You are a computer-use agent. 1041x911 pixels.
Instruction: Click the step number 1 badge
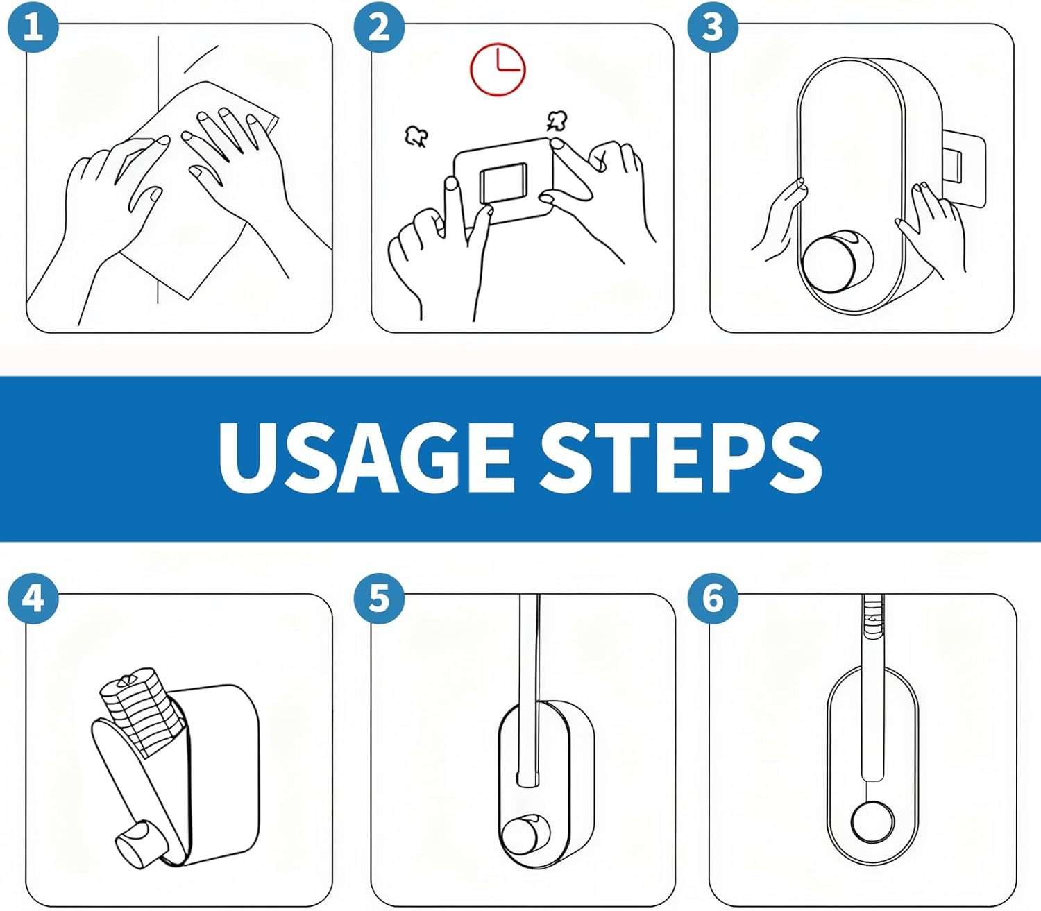point(33,27)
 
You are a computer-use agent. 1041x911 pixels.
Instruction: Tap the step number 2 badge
point(378,27)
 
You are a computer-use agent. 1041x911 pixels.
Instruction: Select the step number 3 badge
point(713,27)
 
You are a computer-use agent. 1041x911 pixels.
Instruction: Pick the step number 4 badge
point(33,597)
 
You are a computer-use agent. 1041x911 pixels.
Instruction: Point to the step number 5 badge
point(378,597)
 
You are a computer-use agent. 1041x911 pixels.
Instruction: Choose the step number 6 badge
point(713,597)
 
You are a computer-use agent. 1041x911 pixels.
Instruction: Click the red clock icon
point(498,69)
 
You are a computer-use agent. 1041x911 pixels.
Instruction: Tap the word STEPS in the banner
point(680,459)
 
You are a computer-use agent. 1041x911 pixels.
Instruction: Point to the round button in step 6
point(872,822)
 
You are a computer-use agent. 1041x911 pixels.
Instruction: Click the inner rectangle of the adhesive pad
point(503,183)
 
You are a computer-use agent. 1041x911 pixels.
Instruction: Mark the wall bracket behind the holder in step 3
point(961,167)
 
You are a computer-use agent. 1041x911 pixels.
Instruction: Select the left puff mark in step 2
point(415,136)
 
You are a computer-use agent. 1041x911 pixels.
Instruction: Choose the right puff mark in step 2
point(557,121)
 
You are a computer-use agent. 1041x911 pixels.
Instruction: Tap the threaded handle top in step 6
point(873,614)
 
